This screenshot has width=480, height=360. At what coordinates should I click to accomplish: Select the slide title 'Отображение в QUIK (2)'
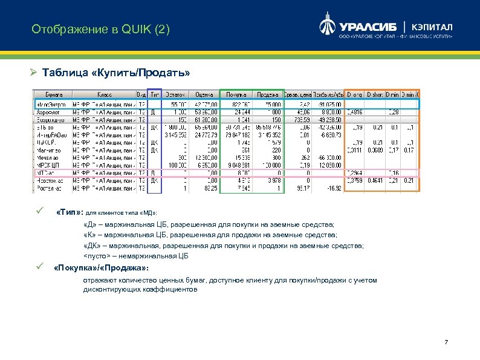[x=100, y=29]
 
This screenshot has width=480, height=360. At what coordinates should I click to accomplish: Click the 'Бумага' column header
[x=53, y=94]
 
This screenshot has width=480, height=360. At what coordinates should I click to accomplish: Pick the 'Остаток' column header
[x=175, y=94]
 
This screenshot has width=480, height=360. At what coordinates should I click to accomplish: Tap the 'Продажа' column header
[x=267, y=94]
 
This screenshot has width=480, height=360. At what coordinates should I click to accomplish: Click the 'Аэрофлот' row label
[x=48, y=112]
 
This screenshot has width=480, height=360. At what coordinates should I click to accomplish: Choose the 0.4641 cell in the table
[x=375, y=180]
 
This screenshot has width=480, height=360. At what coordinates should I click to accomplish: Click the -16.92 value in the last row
[x=332, y=188]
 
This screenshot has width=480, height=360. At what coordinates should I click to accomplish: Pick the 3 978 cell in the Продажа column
[x=273, y=180]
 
